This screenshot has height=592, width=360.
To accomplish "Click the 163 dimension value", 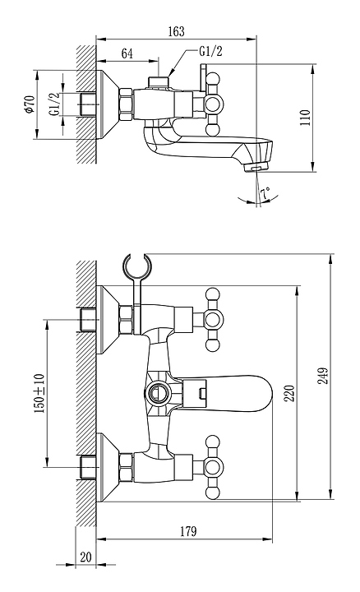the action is pyautogui.click(x=176, y=31).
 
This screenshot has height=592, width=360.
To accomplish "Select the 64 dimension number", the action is pyautogui.click(x=127, y=53).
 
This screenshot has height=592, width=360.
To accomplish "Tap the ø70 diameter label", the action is pyautogui.click(x=29, y=104).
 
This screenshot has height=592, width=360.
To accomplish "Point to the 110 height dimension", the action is pyautogui.click(x=305, y=118).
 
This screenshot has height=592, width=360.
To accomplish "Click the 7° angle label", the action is pyautogui.click(x=265, y=194).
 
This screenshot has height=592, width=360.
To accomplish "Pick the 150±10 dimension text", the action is pyautogui.click(x=39, y=393).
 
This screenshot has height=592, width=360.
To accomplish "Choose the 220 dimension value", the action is pyautogui.click(x=289, y=393).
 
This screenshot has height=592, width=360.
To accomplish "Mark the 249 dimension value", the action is pyautogui.click(x=323, y=376).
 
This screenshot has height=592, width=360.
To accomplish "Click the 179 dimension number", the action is pyautogui.click(x=188, y=531).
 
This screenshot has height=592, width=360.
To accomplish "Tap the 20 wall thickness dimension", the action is pyautogui.click(x=86, y=557).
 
